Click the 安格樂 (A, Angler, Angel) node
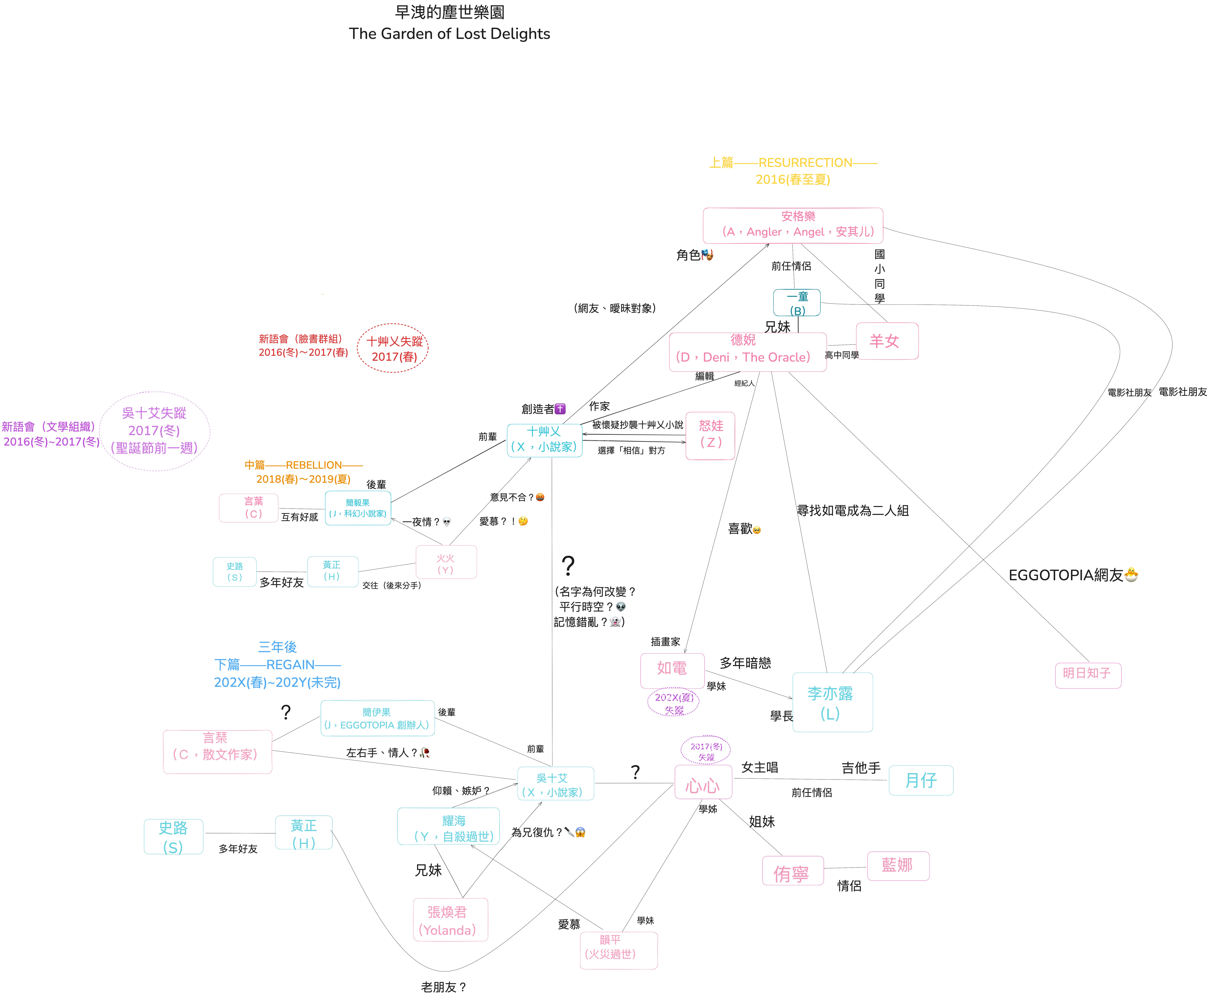(792, 225)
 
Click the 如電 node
(672, 670)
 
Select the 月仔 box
(920, 780)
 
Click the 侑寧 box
(792, 871)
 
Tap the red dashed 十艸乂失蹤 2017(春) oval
(393, 348)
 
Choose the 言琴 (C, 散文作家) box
(217, 751)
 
